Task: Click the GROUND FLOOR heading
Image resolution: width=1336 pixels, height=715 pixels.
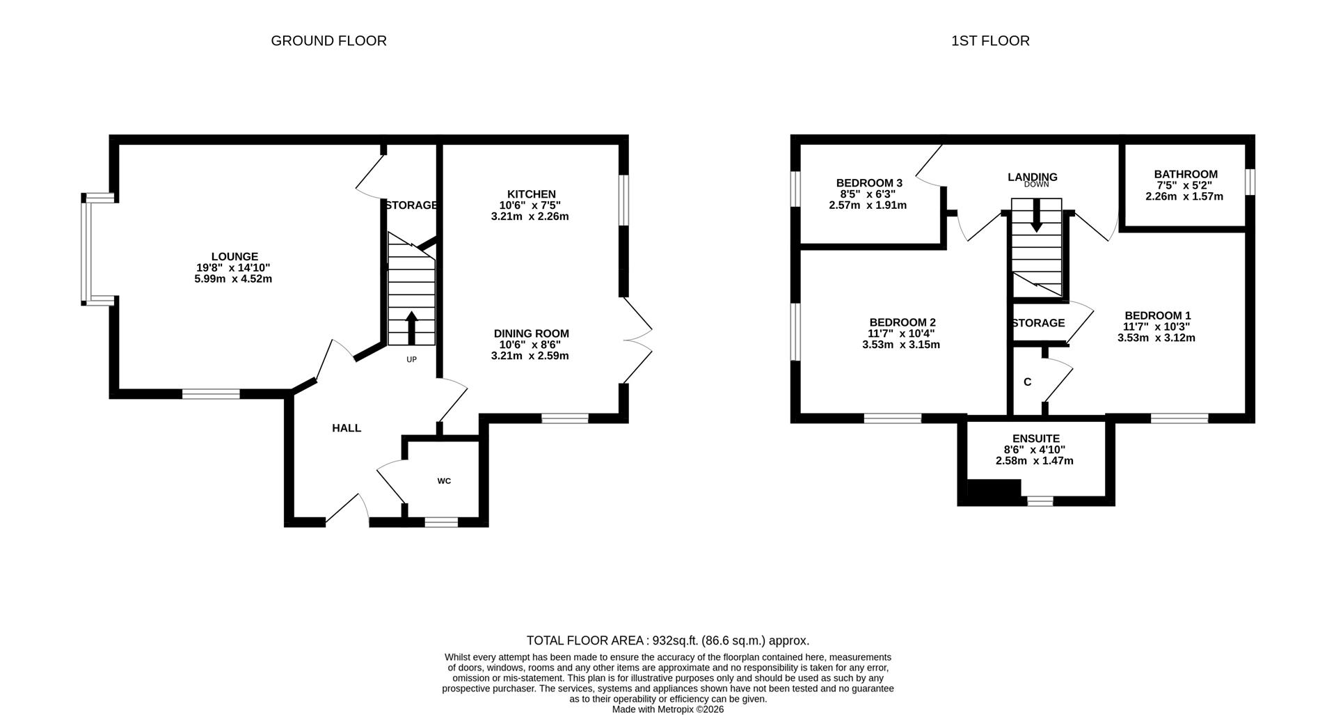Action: (x=328, y=41)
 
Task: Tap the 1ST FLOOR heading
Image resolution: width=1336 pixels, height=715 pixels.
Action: (x=990, y=41)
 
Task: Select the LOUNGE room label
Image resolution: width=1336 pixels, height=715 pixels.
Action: (x=234, y=257)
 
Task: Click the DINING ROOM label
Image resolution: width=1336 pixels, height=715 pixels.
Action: (x=532, y=333)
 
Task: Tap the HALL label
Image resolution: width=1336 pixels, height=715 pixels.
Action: (x=347, y=428)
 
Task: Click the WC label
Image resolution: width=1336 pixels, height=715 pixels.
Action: (x=444, y=481)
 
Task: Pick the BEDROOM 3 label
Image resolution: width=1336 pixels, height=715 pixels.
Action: (x=869, y=183)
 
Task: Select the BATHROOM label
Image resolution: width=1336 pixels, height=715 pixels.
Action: (x=1186, y=175)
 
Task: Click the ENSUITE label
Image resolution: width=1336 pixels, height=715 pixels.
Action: (x=1036, y=439)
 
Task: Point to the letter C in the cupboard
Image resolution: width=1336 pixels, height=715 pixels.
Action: (x=1028, y=382)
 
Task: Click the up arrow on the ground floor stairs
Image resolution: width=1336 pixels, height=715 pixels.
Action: (x=411, y=327)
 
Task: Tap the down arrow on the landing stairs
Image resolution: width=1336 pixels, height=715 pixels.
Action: (x=1036, y=215)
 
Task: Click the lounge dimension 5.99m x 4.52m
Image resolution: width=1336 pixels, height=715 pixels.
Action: (x=233, y=279)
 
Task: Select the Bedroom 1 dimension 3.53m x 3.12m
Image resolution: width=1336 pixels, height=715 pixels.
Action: (x=1156, y=338)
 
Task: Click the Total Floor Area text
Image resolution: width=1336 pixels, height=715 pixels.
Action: (x=667, y=641)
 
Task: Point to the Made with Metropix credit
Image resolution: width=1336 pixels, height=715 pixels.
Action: (x=668, y=709)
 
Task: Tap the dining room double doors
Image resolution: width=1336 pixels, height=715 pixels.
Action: (x=638, y=340)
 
